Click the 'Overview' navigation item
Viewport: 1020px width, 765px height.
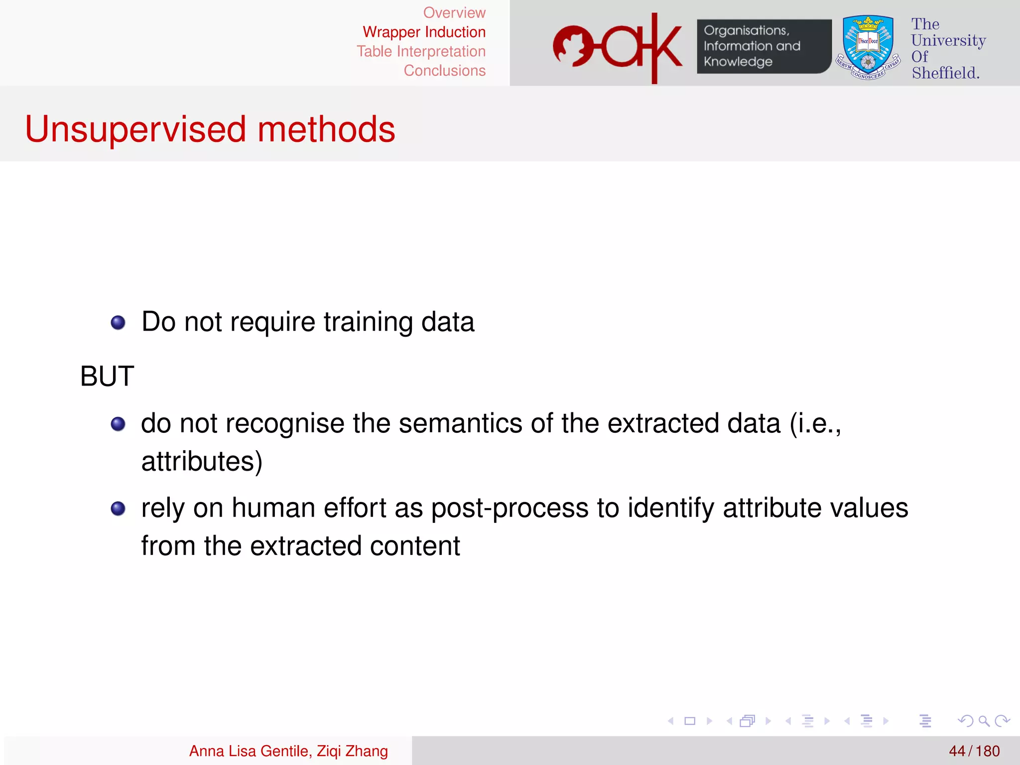coord(454,13)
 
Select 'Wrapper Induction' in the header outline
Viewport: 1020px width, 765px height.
coord(424,32)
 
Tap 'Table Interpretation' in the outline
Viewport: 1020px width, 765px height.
coord(421,52)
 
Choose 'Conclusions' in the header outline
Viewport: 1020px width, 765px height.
coord(444,71)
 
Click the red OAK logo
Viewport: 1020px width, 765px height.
coord(618,47)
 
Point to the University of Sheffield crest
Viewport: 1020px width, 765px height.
coord(868,47)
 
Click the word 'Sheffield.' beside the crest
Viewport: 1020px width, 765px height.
coord(945,73)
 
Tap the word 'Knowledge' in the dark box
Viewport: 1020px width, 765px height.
coord(738,62)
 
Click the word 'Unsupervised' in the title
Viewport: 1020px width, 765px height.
coord(135,129)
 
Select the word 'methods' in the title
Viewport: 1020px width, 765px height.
coord(326,129)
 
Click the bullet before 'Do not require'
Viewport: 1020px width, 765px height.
coord(118,323)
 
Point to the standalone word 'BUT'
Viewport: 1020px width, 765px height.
coord(107,376)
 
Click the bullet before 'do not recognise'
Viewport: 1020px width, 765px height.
coord(118,424)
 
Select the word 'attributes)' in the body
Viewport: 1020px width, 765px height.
coord(202,462)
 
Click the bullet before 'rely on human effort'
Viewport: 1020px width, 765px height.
coord(118,509)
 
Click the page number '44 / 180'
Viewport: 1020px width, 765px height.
coord(974,751)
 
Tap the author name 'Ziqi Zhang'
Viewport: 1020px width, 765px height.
coord(352,751)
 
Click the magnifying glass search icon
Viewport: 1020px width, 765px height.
coord(984,721)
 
